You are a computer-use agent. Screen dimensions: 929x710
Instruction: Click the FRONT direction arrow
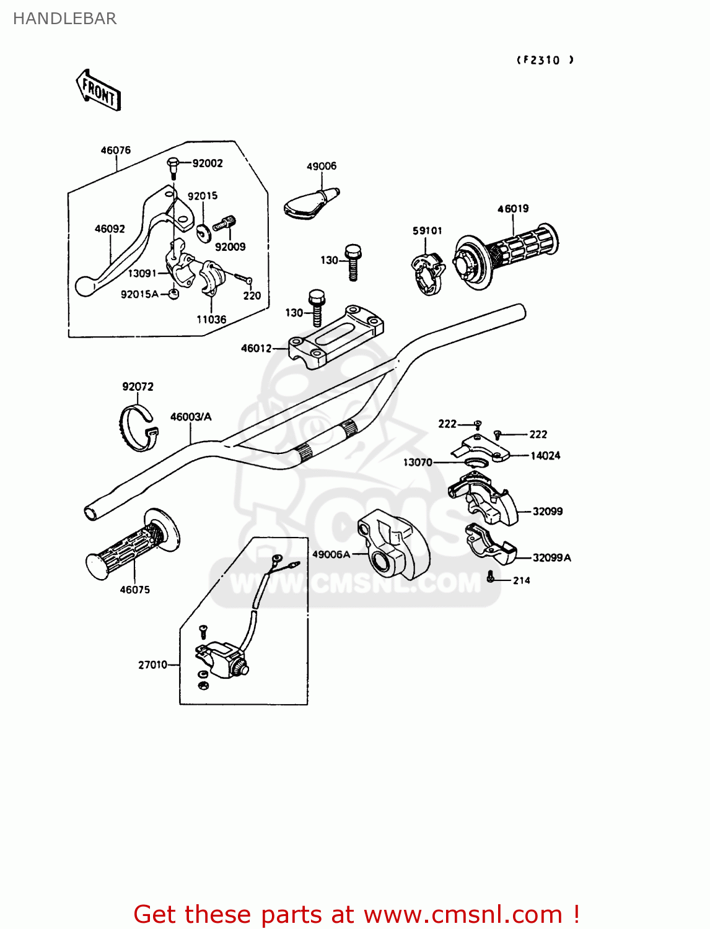click(x=99, y=90)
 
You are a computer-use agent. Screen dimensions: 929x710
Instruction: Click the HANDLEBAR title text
click(x=64, y=19)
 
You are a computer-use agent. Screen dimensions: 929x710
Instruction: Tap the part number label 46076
click(x=116, y=150)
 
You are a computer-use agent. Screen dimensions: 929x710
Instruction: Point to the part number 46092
click(x=110, y=229)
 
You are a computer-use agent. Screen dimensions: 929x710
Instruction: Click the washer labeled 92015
click(x=203, y=232)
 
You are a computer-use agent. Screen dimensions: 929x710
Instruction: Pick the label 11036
click(x=211, y=320)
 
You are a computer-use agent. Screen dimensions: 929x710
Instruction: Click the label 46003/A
click(x=191, y=417)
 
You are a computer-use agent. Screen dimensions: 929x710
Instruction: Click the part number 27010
click(x=152, y=665)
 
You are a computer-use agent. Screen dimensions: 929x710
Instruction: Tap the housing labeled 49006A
click(x=393, y=546)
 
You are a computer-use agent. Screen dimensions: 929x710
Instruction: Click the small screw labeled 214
click(x=491, y=577)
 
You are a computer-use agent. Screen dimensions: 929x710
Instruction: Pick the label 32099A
click(x=551, y=557)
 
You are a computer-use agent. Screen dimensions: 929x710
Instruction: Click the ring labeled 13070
click(x=476, y=463)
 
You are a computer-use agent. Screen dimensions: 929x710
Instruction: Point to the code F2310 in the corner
click(x=545, y=60)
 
